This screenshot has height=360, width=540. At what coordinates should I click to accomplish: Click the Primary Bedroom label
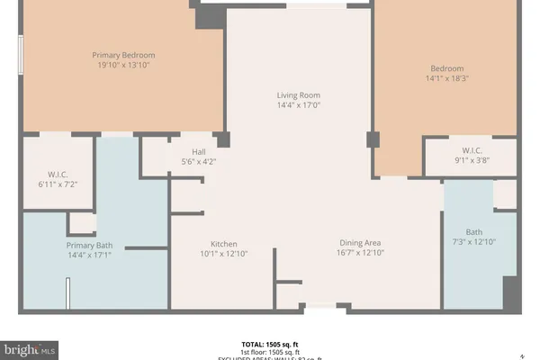(118, 55)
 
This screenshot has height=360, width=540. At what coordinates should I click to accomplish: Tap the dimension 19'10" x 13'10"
(118, 67)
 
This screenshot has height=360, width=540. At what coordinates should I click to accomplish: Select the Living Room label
(298, 95)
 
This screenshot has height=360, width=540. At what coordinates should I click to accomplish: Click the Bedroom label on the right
(447, 68)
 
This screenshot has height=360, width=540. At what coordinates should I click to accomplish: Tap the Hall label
(199, 151)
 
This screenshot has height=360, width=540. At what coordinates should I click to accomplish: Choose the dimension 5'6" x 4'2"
(199, 162)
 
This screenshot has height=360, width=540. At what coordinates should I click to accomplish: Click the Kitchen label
(223, 244)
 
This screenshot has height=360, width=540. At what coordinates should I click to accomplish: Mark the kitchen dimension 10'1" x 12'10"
(223, 255)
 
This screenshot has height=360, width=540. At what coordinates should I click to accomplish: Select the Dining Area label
(360, 243)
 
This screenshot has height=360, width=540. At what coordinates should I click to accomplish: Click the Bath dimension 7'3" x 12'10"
(473, 243)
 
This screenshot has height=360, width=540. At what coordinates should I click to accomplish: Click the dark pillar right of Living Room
(373, 140)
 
